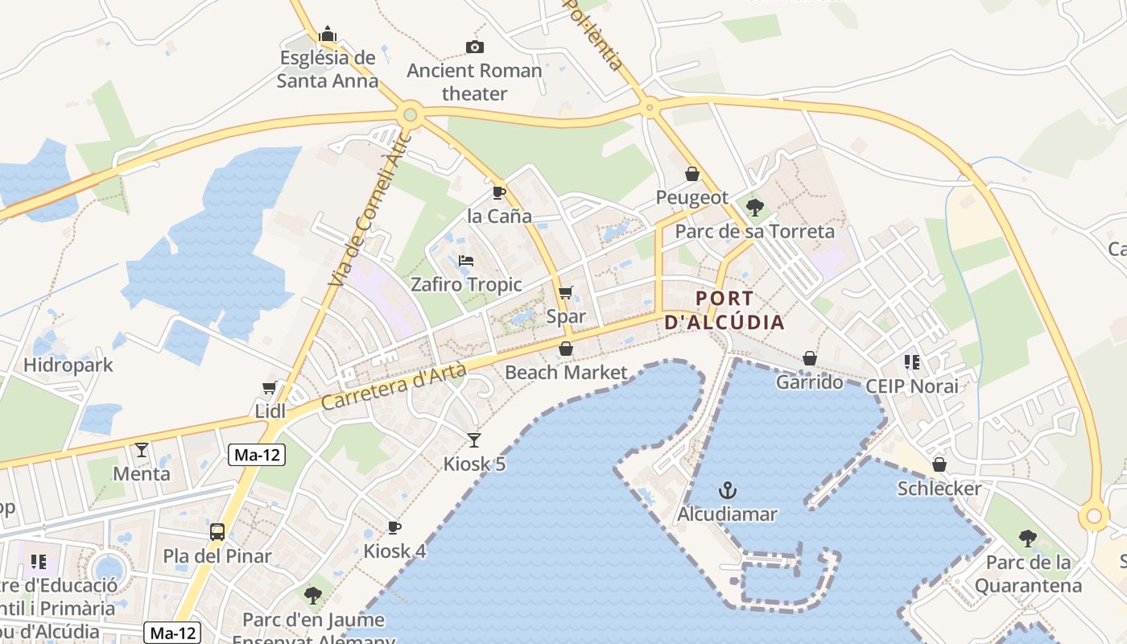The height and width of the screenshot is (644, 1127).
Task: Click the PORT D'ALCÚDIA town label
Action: [x=724, y=311]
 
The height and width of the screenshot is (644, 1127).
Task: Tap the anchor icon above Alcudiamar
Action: [x=728, y=490]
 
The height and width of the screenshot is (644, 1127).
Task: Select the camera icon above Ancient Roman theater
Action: [x=474, y=47]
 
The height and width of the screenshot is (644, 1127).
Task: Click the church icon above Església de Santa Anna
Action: [x=327, y=35]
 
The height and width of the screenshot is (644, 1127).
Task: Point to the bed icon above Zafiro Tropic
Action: [x=466, y=261]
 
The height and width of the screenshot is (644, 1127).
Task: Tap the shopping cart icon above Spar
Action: [x=566, y=293]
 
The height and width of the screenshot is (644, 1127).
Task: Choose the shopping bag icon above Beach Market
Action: [x=566, y=349]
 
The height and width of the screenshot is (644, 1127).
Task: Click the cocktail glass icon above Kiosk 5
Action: [x=474, y=440]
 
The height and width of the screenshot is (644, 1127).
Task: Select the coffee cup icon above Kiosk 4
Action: [x=394, y=527]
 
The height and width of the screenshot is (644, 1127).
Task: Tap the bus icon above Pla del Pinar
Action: [x=217, y=531]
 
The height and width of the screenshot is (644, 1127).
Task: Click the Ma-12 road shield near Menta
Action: [x=258, y=455]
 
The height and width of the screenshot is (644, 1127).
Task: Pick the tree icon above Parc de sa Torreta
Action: [x=754, y=208]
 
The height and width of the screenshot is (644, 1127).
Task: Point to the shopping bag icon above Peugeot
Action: [x=691, y=173]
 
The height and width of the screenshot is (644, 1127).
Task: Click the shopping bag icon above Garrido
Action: [x=809, y=358]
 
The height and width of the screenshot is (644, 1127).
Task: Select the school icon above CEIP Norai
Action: [x=911, y=362]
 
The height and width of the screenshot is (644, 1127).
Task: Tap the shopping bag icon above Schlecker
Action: [x=939, y=464]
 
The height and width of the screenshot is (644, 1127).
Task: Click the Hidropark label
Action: [x=68, y=365]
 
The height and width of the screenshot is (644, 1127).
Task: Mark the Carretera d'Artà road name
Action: [x=394, y=386]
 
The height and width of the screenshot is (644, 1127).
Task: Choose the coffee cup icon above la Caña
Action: [x=499, y=192]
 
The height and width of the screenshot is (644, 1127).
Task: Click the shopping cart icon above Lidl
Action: [x=270, y=387]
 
